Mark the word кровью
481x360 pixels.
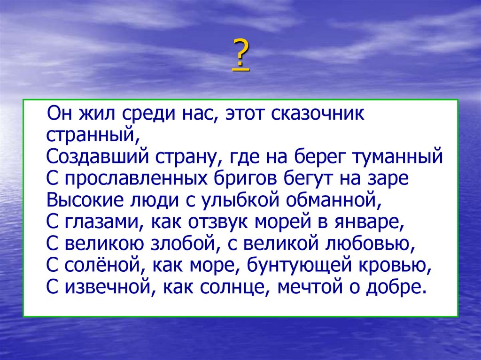pos(392,265)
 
